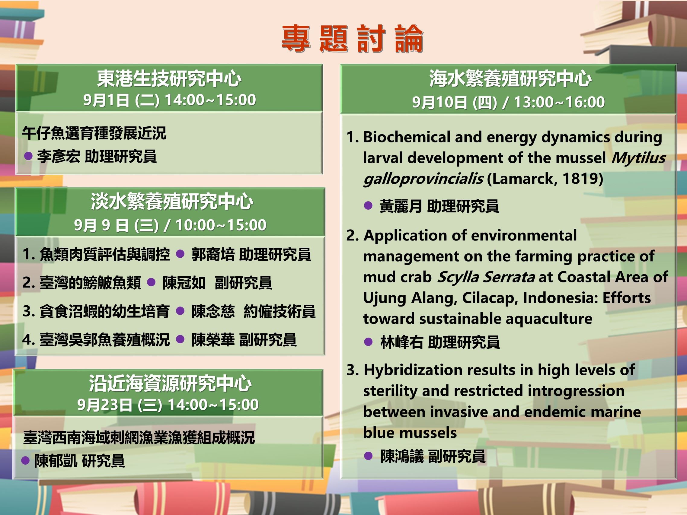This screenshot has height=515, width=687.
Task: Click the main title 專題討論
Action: click(x=352, y=39)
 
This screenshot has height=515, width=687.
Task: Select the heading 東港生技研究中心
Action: click(x=169, y=79)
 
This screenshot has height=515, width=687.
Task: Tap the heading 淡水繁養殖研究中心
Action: click(x=172, y=202)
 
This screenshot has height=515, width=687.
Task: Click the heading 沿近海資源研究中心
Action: click(x=170, y=383)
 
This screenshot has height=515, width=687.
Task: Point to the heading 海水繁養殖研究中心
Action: click(x=510, y=79)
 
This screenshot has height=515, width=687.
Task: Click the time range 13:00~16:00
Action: click(x=559, y=102)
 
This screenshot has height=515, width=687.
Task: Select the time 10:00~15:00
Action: click(x=221, y=225)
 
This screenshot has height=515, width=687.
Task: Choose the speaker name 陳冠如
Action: click(x=184, y=283)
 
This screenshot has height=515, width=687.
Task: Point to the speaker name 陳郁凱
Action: click(x=56, y=461)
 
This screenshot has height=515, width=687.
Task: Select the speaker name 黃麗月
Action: click(x=401, y=206)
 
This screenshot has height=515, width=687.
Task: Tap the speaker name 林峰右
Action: click(x=401, y=342)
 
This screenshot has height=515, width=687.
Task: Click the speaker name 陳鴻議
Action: click(x=402, y=456)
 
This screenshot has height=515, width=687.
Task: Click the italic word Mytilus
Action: click(x=638, y=158)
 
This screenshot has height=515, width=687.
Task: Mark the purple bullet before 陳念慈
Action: click(x=181, y=311)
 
